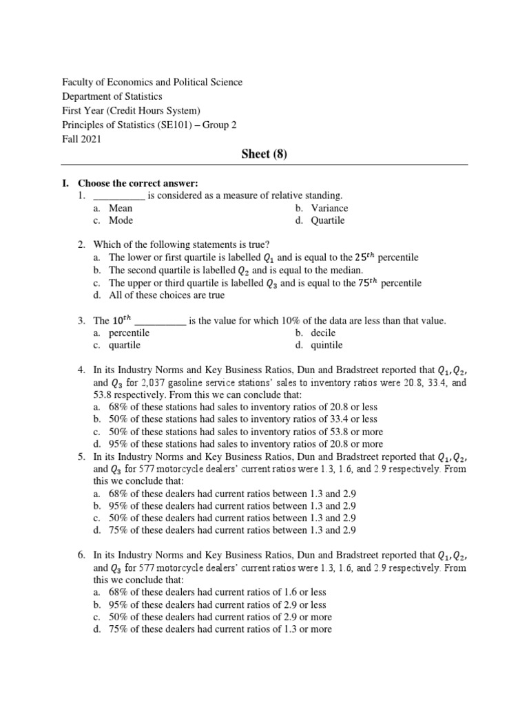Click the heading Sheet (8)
coord(264,154)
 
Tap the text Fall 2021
coord(81,139)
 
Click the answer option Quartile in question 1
coord(327,220)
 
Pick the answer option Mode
coord(121,220)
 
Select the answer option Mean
coord(121,208)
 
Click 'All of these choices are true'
coord(167,295)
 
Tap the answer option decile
coord(323,333)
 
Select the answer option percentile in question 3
coord(129,333)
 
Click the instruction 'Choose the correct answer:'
coord(138,183)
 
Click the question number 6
coord(81,554)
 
